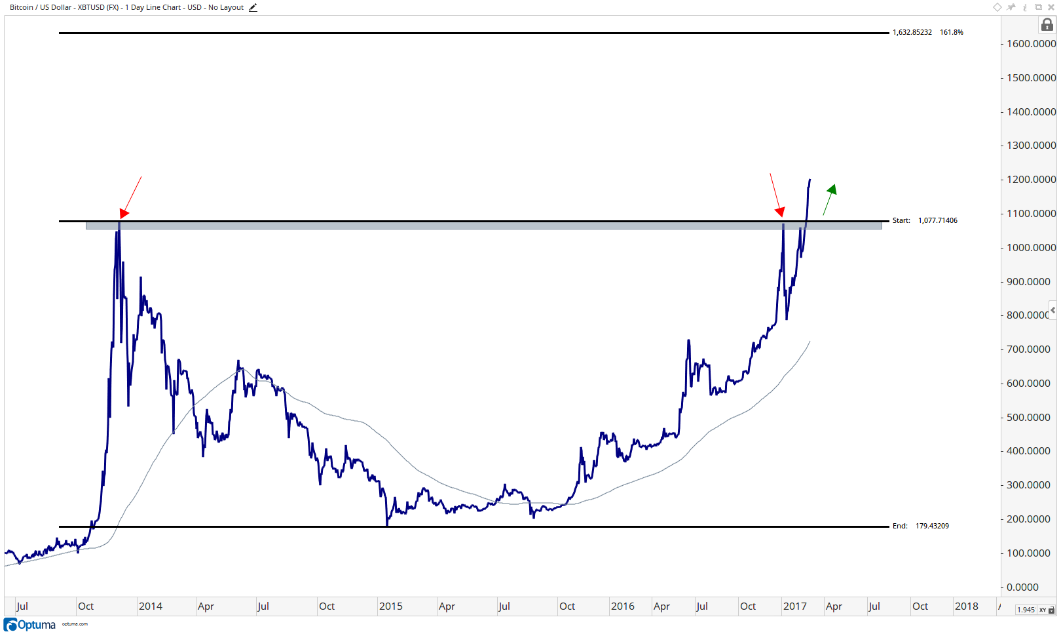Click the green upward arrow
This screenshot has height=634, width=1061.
[x=829, y=199]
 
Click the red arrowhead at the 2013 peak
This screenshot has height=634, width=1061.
[x=124, y=213]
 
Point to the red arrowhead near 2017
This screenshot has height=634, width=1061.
[x=779, y=212]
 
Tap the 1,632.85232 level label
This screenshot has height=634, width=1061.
[x=912, y=32]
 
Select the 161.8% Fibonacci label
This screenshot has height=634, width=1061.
[x=951, y=32]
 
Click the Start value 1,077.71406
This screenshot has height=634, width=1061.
[x=937, y=220]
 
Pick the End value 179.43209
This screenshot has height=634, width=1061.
[x=932, y=526]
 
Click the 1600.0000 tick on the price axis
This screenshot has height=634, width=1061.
[x=1031, y=44]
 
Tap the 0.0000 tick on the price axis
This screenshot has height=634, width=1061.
[x=1022, y=587]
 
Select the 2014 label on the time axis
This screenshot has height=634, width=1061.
[x=150, y=606]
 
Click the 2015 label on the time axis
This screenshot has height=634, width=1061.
[x=391, y=606]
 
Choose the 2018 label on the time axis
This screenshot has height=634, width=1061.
[x=966, y=606]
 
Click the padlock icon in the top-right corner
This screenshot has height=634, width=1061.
[x=1047, y=25]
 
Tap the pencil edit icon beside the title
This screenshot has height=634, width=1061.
[x=253, y=8]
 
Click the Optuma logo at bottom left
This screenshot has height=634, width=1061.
[x=29, y=625]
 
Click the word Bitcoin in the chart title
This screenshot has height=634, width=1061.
[x=22, y=7]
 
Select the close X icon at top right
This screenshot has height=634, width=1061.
[x=1051, y=7]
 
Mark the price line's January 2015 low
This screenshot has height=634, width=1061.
[x=387, y=525]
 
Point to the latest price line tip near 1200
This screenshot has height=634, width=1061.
[x=810, y=180]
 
